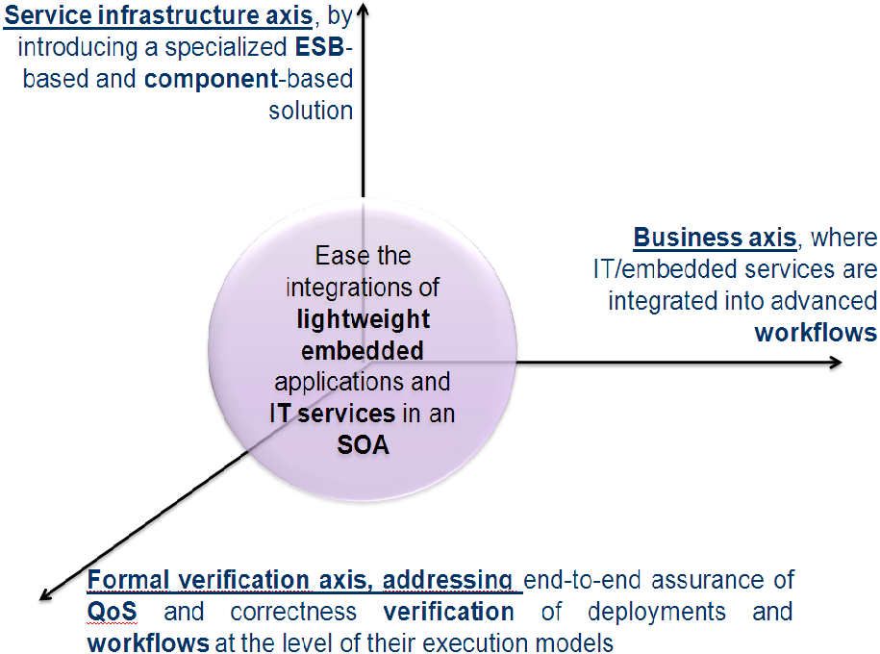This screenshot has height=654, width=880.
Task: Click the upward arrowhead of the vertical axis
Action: (364, 8)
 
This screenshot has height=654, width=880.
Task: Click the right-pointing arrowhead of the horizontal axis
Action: (836, 363)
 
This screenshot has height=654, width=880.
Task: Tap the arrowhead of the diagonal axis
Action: (46, 594)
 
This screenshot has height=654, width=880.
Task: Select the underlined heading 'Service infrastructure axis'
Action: (159, 15)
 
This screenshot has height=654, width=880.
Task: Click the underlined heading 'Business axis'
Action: (715, 238)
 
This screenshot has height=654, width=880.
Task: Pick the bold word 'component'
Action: (211, 80)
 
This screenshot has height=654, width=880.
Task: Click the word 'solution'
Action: (311, 111)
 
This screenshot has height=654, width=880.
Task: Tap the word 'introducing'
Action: (78, 48)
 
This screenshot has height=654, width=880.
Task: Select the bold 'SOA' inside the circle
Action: (364, 445)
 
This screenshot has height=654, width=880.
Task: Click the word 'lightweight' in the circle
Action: (364, 320)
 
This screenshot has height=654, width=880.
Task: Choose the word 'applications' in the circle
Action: (335, 383)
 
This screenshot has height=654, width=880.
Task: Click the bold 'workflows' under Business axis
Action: (816, 333)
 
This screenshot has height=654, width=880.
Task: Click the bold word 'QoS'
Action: (112, 612)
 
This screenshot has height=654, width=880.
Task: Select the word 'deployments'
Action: (657, 613)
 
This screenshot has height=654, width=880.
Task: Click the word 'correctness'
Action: (293, 612)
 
